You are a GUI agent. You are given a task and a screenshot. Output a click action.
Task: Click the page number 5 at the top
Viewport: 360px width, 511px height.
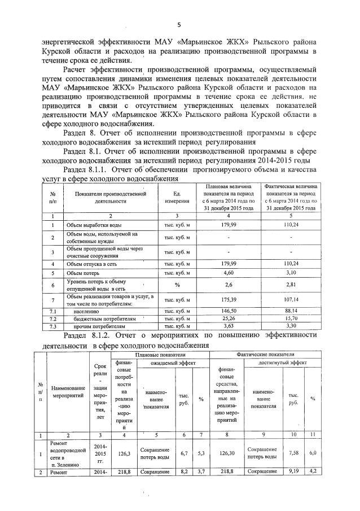coord(179,24)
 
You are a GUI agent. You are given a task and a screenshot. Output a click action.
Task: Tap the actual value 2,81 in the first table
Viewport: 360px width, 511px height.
coord(290,285)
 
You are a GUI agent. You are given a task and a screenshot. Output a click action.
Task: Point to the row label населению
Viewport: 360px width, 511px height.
coord(89,311)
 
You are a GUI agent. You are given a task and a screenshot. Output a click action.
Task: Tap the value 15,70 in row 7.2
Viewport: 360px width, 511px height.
coord(290,318)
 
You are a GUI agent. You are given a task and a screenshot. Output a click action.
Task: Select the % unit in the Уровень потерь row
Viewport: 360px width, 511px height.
coord(177,285)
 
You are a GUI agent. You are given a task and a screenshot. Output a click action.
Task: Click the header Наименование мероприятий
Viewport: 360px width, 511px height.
coord(68,392)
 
